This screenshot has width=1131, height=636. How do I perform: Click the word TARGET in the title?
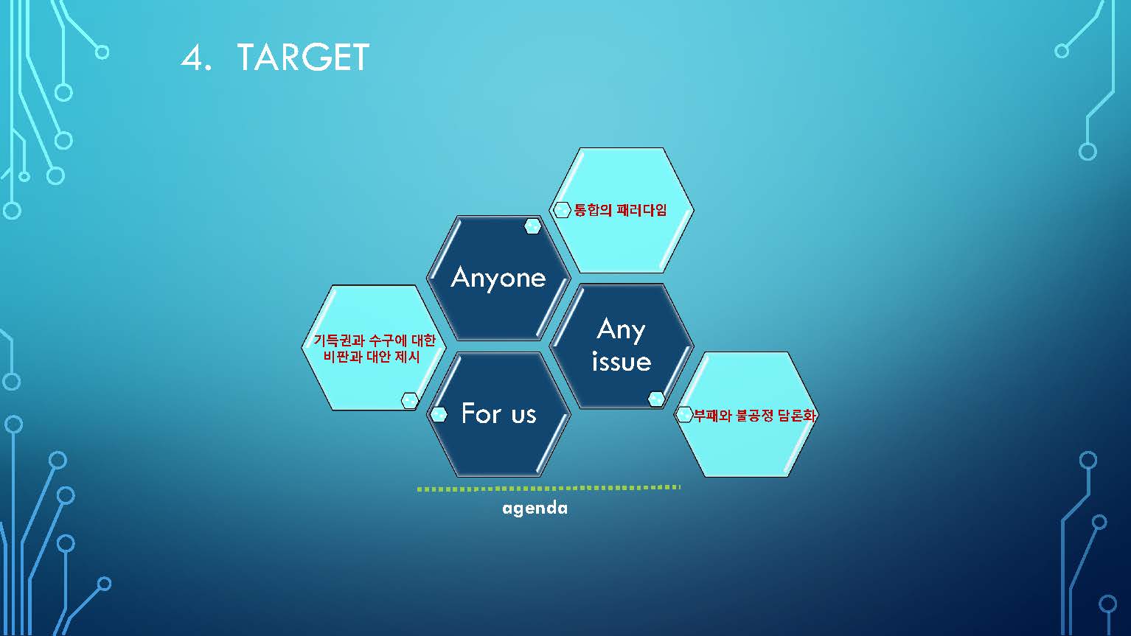(x=303, y=57)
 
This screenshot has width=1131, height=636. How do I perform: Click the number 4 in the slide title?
(x=192, y=57)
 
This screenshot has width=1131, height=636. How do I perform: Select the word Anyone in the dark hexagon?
(x=498, y=278)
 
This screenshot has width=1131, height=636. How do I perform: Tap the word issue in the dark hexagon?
(x=622, y=361)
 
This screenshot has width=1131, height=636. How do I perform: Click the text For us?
(x=499, y=413)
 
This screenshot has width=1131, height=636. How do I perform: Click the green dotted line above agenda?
(x=549, y=488)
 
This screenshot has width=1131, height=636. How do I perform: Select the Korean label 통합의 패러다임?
(x=621, y=210)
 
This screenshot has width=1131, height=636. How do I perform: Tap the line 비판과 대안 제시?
(x=372, y=357)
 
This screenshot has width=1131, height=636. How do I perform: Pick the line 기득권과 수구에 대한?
(x=374, y=340)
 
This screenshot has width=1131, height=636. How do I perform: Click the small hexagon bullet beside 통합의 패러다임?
(x=562, y=210)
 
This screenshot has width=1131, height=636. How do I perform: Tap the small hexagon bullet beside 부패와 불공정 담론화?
(x=683, y=415)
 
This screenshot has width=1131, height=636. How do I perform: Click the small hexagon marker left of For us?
(x=438, y=414)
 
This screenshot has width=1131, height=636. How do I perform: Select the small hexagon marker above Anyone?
(x=532, y=227)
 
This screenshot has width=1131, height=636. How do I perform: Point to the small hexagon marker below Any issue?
(x=656, y=399)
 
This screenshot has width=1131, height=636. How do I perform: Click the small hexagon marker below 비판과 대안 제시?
(x=409, y=400)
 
